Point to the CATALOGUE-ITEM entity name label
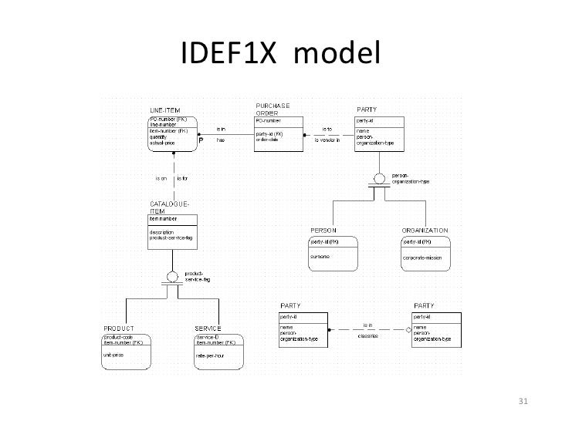point(170,206)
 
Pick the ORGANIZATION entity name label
point(425,230)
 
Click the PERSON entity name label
point(322,230)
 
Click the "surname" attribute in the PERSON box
point(320,255)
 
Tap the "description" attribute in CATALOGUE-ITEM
point(164,231)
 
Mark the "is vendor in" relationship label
point(328,140)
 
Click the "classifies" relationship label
point(367,335)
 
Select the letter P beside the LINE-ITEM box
point(201,141)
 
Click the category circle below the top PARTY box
point(377,180)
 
